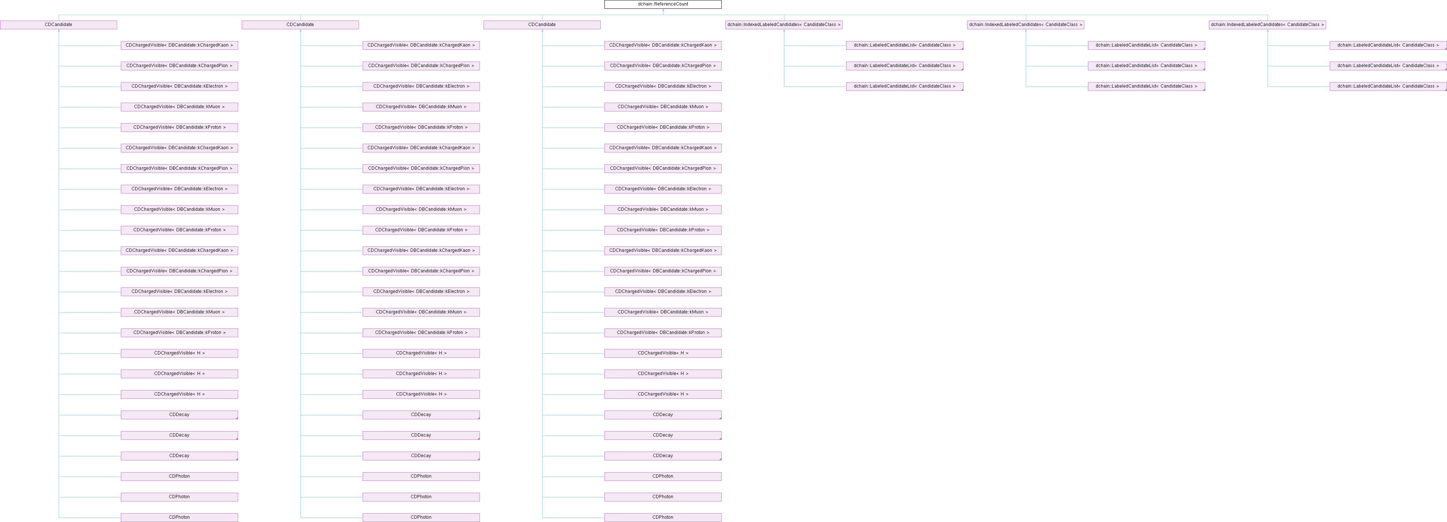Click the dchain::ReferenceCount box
click(663, 4)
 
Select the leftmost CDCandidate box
click(58, 25)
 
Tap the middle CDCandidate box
click(300, 25)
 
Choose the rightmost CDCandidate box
click(542, 25)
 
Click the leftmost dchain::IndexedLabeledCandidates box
click(784, 25)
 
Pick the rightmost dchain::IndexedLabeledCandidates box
click(1267, 25)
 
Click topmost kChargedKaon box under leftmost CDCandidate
click(179, 45)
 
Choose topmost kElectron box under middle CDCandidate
click(421, 87)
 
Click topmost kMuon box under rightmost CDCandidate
click(663, 107)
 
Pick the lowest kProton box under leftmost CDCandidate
click(179, 332)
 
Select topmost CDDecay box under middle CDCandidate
click(421, 415)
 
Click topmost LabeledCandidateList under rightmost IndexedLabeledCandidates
click(1388, 45)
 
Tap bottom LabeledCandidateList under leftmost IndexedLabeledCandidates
click(904, 87)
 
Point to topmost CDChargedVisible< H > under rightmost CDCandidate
click(663, 353)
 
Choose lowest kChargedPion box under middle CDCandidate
click(421, 271)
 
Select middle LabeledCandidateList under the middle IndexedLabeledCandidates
click(1146, 66)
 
